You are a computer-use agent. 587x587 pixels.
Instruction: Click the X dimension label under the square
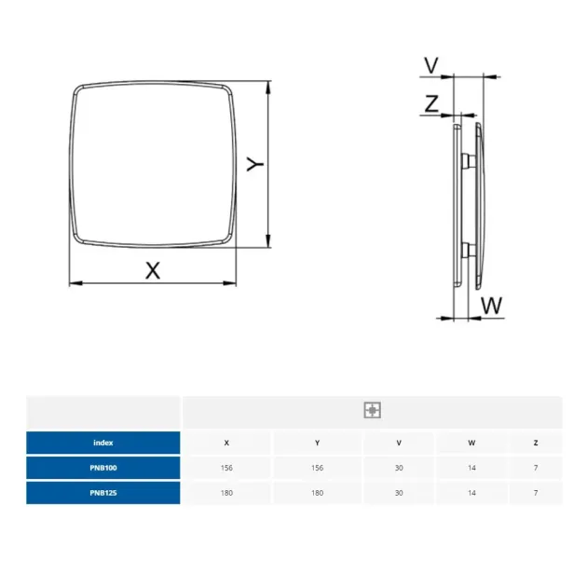(154, 270)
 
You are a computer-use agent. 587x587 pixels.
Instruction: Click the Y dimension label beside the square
(254, 164)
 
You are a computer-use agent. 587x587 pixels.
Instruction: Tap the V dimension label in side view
(430, 65)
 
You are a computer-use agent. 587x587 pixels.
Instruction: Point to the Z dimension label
(430, 104)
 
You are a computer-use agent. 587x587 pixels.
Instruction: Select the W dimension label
(492, 304)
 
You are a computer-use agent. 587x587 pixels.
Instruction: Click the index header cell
(103, 443)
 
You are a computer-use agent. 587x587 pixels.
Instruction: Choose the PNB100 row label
(103, 467)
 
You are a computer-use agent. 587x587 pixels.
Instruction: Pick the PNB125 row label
(103, 492)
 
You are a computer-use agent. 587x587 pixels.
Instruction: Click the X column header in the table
(226, 443)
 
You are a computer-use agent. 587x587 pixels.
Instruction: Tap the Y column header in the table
(318, 443)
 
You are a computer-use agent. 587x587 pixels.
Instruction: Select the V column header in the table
(400, 443)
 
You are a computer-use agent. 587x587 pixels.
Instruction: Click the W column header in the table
(471, 443)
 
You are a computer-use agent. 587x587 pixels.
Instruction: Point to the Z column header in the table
(535, 443)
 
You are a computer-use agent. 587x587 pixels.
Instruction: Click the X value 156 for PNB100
(226, 467)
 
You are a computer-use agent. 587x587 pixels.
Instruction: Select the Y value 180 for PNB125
(318, 492)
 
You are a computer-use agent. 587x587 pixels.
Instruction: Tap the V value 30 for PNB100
(400, 467)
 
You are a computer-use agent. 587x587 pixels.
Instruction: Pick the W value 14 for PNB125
(471, 492)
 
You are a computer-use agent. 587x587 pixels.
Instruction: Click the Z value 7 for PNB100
(535, 467)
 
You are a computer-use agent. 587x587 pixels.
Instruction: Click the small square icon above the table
(372, 410)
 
